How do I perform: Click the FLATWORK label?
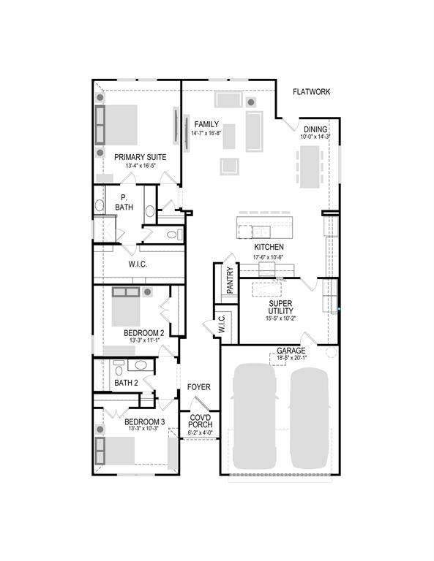click(x=312, y=92)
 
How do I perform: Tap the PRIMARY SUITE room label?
click(x=140, y=157)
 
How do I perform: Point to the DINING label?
click(x=315, y=129)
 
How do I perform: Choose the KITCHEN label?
click(x=269, y=248)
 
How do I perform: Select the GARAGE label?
click(x=291, y=351)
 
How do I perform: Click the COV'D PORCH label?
click(x=201, y=421)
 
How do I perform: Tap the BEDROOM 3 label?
click(x=144, y=422)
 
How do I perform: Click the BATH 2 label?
click(x=127, y=382)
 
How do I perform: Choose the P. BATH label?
click(x=124, y=202)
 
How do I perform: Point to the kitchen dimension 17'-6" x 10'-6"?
click(x=269, y=257)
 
